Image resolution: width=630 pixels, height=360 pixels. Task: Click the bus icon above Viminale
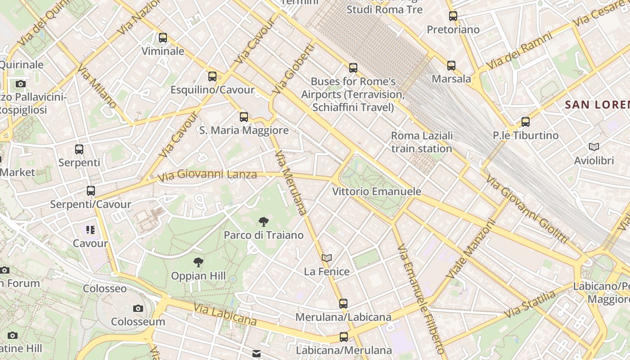click(x=163, y=38)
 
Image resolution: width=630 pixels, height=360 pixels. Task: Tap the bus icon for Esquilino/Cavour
click(x=212, y=76)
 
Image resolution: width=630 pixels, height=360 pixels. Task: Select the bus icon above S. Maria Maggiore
click(x=244, y=117)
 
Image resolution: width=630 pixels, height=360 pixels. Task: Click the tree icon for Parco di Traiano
click(x=264, y=221)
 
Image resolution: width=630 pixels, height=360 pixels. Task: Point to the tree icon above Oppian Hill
click(x=198, y=262)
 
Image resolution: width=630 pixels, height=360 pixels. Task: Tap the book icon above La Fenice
click(x=327, y=258)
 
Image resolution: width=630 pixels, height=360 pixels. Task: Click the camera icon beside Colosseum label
click(x=138, y=308)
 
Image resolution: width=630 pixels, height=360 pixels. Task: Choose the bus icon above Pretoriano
click(x=453, y=16)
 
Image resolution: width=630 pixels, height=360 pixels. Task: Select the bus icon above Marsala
click(x=451, y=66)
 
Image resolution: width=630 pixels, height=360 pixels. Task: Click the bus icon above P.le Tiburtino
click(x=525, y=121)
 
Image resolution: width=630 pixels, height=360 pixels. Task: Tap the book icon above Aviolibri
click(x=594, y=147)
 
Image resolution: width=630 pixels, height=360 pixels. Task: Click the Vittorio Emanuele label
click(x=377, y=192)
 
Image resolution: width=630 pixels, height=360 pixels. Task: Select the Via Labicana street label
click(x=225, y=314)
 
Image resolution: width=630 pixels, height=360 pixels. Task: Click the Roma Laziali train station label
click(x=422, y=142)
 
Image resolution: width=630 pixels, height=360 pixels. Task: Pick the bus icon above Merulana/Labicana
click(x=343, y=304)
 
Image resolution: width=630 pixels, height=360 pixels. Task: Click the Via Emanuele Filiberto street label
click(x=422, y=299)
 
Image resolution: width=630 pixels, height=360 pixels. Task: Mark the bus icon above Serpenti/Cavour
click(x=91, y=191)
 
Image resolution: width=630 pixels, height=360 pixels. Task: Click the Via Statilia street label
click(x=530, y=305)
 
